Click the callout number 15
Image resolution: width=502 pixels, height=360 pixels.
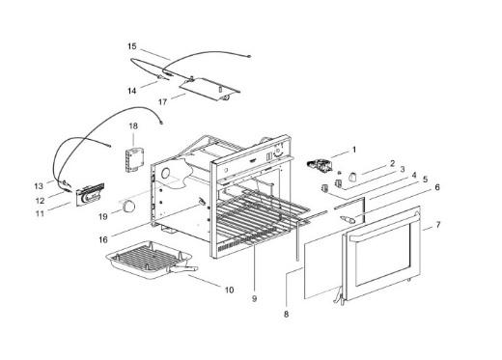[132, 46]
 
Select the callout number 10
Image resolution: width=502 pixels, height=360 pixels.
[229, 291]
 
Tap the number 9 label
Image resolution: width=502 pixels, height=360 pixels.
[254, 299]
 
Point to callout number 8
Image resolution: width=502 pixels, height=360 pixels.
[286, 314]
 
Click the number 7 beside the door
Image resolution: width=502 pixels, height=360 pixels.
[437, 225]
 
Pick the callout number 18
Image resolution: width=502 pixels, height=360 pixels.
[133, 125]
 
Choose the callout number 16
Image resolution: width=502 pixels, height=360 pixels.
[103, 240]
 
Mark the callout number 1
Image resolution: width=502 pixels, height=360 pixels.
[354, 150]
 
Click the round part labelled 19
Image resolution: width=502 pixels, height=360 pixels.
[129, 206]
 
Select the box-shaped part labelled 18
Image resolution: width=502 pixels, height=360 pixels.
[135, 159]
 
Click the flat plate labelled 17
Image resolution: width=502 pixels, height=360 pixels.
[209, 89]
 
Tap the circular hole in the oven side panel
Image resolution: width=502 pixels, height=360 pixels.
[166, 174]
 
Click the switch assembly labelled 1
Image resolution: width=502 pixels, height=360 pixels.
[320, 166]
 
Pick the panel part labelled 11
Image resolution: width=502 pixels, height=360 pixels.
[90, 194]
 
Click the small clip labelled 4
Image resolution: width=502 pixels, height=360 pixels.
[325, 188]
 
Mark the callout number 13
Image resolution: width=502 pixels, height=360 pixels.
[39, 186]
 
